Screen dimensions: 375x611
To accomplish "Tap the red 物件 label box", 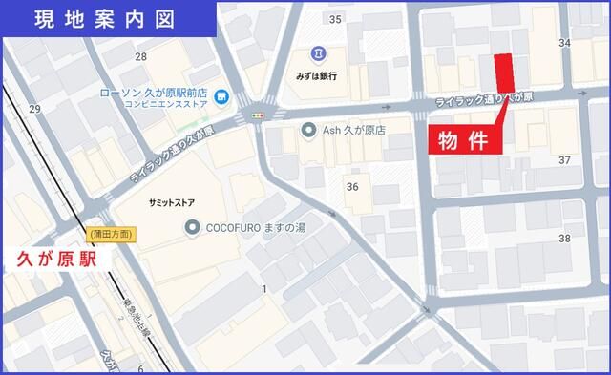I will tap(464, 140).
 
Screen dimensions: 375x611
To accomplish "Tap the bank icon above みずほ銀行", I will tap(316, 53).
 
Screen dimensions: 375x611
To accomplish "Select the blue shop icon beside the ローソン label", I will tap(221, 95).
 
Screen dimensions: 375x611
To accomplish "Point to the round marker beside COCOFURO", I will tap(191, 227).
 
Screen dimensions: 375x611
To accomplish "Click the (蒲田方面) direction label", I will tap(111, 234).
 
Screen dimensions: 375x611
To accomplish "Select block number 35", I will tap(334, 19).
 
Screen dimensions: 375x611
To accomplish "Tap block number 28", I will tap(141, 57).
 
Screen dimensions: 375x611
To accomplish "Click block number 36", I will tap(352, 186).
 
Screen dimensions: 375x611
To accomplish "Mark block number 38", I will tap(564, 239).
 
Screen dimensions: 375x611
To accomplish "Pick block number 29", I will tap(34, 109).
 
